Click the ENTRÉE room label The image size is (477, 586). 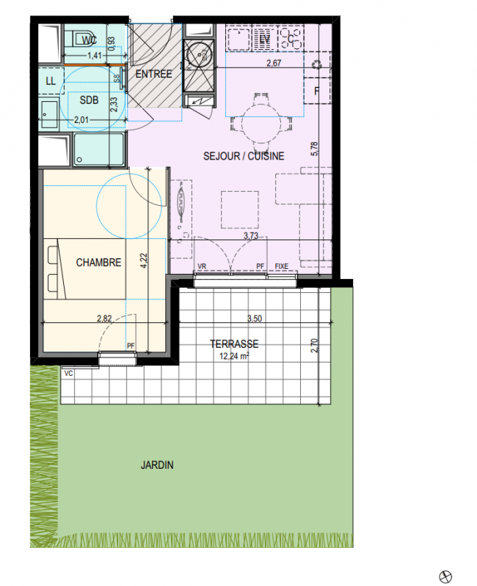point(153,74)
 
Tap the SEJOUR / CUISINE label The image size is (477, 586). point(244,156)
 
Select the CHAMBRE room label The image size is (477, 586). point(98,262)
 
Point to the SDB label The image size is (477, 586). point(89,100)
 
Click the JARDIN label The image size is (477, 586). point(157,465)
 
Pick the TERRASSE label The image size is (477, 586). point(234,344)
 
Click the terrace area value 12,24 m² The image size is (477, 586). point(234,356)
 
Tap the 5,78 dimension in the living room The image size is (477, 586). point(315,149)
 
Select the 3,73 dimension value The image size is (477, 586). point(251,236)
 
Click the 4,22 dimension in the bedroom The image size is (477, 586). point(144,261)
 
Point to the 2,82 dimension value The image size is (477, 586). point(104,319)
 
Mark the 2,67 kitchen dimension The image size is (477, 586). point(274,63)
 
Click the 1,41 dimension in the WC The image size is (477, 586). point(95,56)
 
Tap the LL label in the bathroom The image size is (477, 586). point(51,81)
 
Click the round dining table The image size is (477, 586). point(261,124)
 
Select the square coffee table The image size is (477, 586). point(240,209)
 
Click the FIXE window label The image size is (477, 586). point(282,266)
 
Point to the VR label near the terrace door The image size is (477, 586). point(202,266)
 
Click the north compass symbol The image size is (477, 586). point(445,576)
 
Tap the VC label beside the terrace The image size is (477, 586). point(68,374)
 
